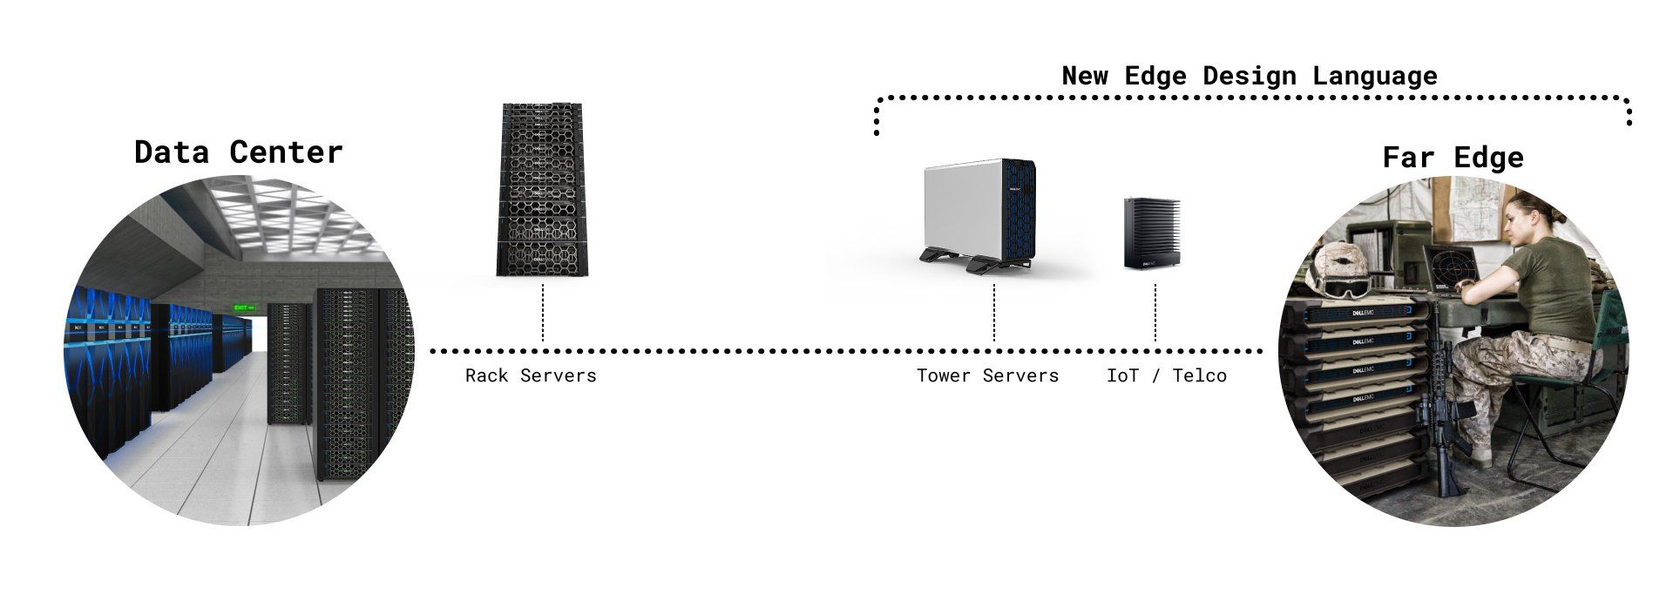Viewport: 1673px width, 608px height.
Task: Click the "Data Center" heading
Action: tap(238, 152)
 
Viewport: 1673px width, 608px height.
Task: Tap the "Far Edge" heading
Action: tap(1453, 158)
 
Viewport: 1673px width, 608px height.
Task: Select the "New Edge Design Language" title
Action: tap(1249, 76)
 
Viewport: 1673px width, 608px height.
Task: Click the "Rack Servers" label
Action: tap(531, 375)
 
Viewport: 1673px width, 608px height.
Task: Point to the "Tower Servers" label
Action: tap(987, 375)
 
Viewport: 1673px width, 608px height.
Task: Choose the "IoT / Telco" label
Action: tap(1166, 375)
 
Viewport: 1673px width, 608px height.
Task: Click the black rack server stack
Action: tap(540, 190)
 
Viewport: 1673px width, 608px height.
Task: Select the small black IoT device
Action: tap(1152, 233)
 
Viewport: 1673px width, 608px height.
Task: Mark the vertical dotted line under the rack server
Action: tap(543, 311)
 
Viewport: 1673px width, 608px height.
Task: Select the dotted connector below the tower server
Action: tap(994, 311)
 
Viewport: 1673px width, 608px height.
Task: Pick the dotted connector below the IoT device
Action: tap(1155, 311)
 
